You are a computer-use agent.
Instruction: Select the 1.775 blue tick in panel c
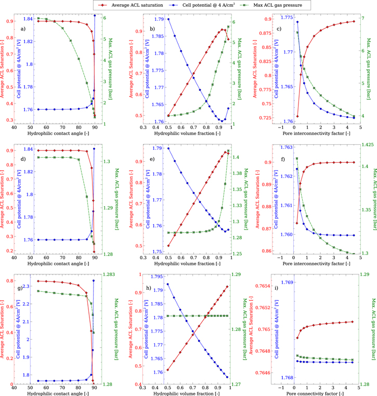[x=285, y=17]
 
